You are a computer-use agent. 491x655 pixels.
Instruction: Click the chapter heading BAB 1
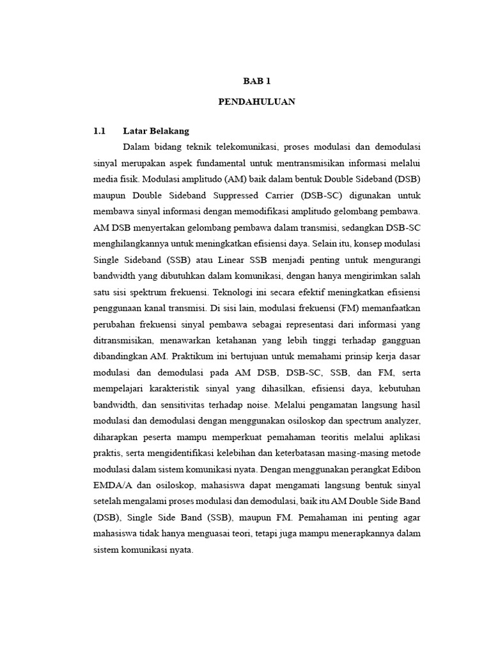point(257,81)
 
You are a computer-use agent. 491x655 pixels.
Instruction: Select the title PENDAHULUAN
point(257,102)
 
